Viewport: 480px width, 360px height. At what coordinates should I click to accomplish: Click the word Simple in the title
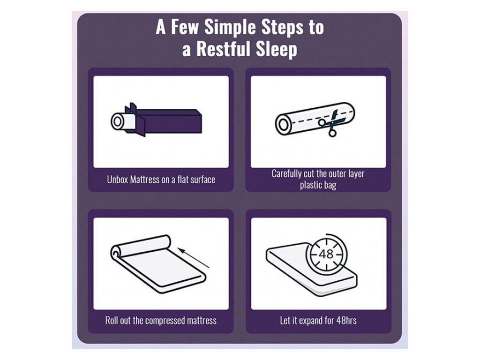click(230, 27)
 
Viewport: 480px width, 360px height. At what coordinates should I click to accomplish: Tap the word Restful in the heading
click(224, 48)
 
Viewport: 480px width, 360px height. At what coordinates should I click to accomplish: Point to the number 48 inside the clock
click(326, 254)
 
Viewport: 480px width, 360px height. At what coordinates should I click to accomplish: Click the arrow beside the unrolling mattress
click(194, 258)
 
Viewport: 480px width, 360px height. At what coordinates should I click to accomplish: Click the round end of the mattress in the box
click(117, 121)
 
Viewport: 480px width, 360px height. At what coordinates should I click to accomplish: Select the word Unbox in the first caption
click(117, 180)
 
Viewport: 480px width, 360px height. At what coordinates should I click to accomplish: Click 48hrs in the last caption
click(346, 321)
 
